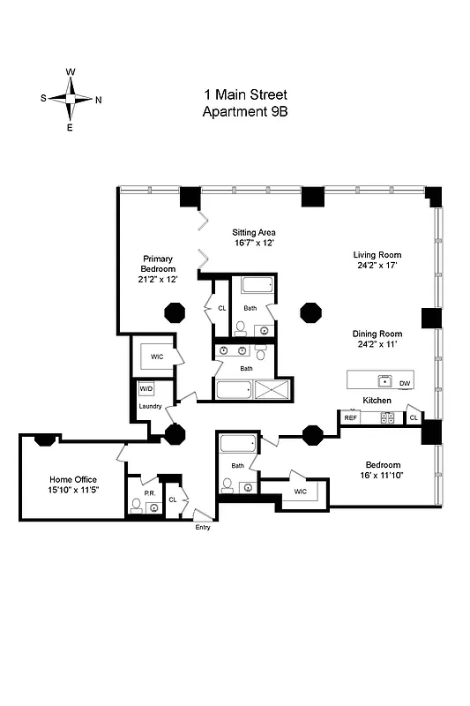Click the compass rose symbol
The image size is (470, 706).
71,100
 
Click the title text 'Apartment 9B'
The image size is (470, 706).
246,111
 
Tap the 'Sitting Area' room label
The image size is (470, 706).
254,232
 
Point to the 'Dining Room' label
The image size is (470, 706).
377,334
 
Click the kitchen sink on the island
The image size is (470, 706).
384,381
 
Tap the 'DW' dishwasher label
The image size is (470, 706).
405,383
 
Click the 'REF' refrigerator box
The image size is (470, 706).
350,418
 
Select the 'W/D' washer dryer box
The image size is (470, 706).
145,388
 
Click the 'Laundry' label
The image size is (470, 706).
149,406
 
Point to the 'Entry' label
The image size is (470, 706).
203,527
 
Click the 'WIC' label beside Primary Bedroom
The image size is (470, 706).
157,357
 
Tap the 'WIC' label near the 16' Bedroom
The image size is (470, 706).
300,492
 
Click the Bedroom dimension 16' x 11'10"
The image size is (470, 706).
384,476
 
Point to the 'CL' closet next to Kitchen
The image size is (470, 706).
413,417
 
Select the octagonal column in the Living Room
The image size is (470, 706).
311,312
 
